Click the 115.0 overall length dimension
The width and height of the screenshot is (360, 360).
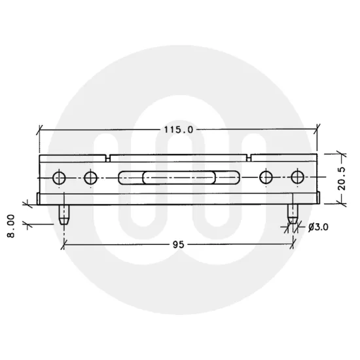(x=177, y=129)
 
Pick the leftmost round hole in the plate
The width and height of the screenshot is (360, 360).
(x=60, y=177)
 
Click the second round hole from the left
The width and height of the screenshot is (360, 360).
(x=90, y=177)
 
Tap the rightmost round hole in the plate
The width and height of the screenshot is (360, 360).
(x=298, y=177)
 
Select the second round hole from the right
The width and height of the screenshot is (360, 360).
(x=266, y=177)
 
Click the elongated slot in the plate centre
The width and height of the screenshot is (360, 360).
(x=178, y=177)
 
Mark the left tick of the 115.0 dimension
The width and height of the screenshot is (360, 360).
(x=40, y=130)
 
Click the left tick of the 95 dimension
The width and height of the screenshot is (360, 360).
(x=63, y=245)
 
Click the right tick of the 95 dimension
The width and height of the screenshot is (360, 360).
(x=292, y=245)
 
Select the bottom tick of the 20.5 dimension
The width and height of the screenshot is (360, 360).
(x=340, y=203)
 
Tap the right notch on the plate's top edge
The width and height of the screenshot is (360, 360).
(x=249, y=157)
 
